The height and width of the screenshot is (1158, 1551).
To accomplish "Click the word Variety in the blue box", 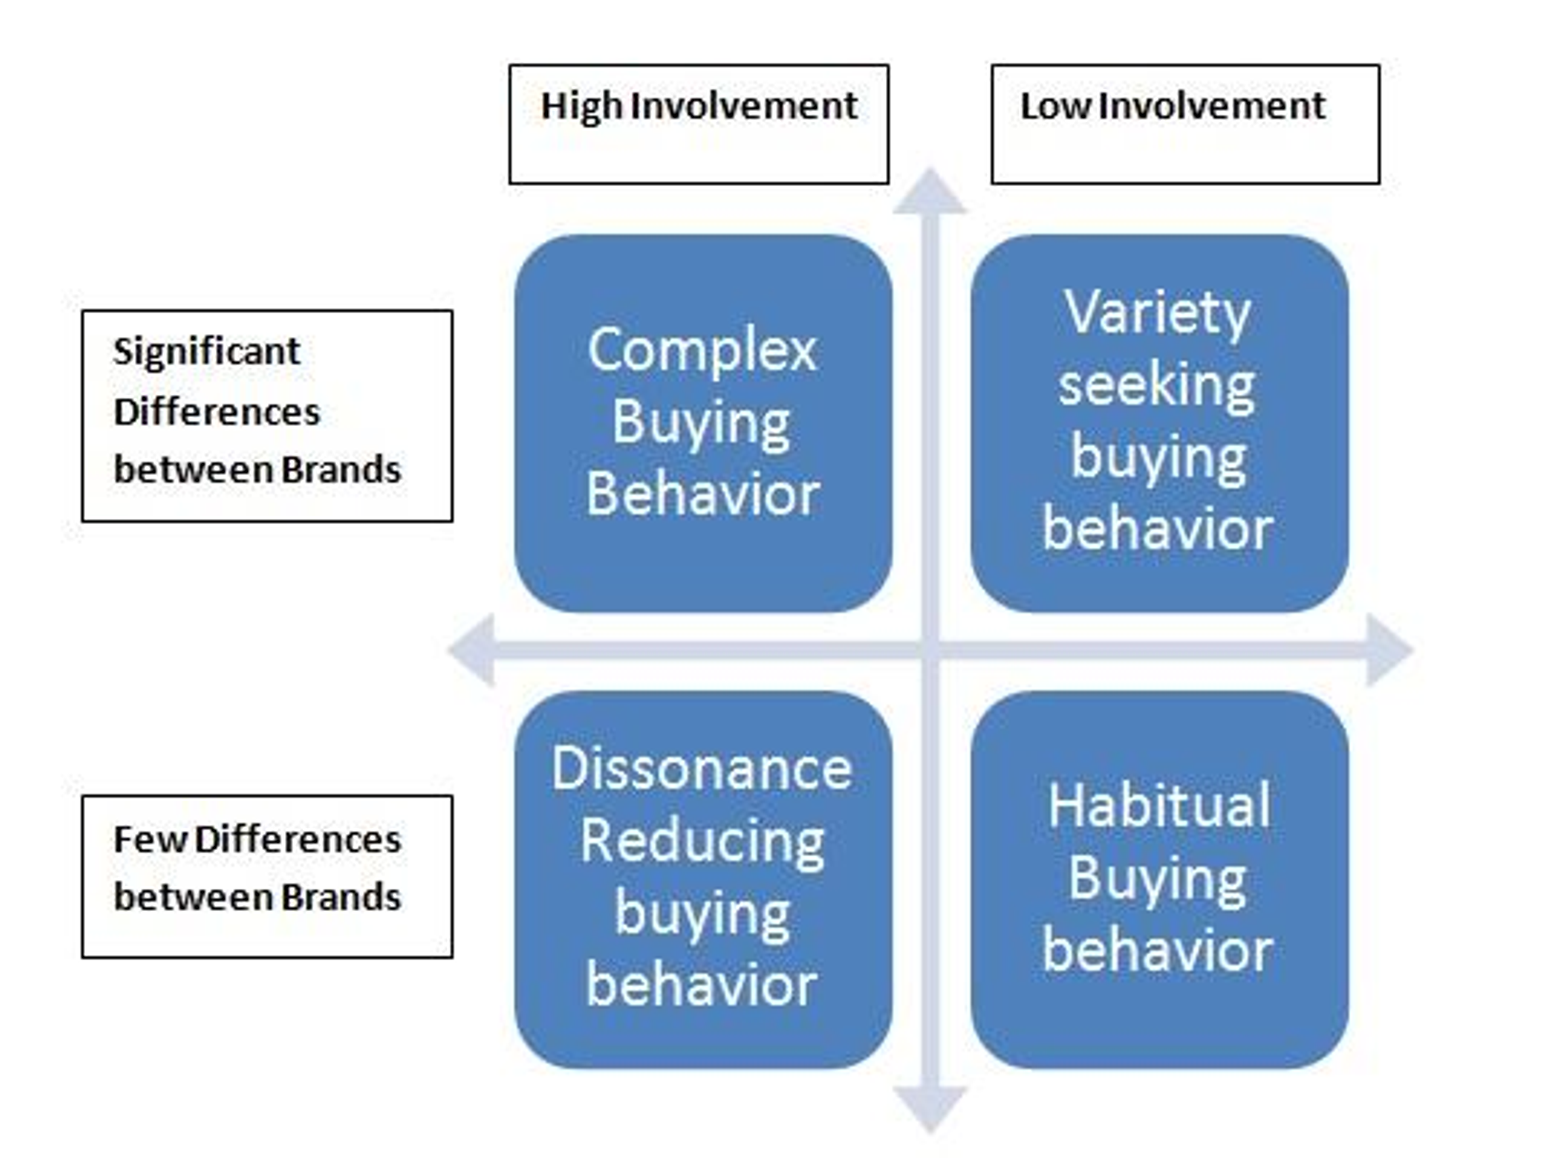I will pyautogui.click(x=1157, y=313).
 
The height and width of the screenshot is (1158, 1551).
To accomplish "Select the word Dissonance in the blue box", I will pyautogui.click(x=702, y=769).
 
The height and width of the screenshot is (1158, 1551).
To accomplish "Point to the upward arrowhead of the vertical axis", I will pyautogui.click(x=930, y=193).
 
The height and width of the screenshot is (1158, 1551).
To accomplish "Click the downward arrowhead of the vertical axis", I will pyautogui.click(x=930, y=1108).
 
